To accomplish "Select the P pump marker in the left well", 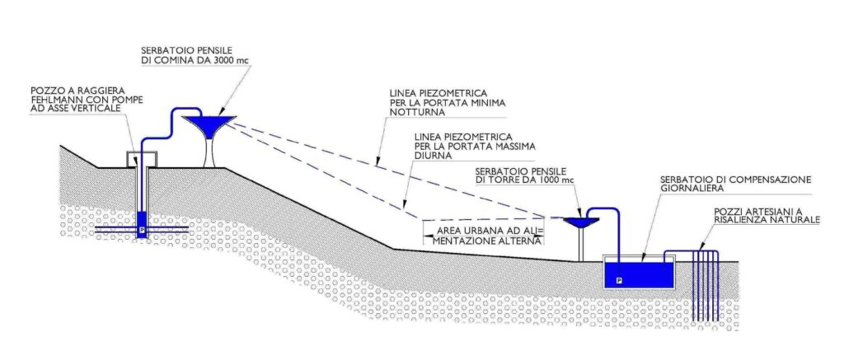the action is coord(142,229).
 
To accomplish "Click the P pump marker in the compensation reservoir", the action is coord(619,280).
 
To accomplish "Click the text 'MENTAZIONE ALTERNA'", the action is coord(486,241).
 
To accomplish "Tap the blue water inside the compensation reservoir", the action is coord(640,274).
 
